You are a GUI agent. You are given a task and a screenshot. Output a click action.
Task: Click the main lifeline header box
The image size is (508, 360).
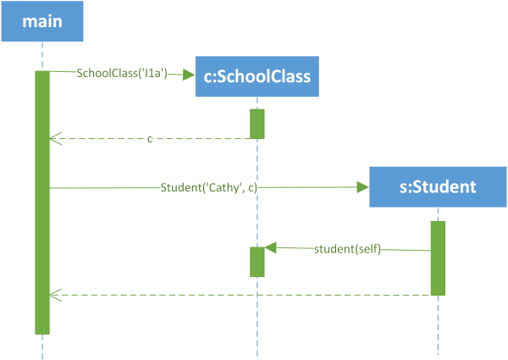coord(42,21)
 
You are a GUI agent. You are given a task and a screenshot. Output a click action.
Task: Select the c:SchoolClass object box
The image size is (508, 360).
coord(257,76)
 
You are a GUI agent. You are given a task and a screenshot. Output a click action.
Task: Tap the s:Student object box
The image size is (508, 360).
coord(438,187)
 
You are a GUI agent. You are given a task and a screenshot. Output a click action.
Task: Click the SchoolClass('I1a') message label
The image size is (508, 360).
coord(122,73)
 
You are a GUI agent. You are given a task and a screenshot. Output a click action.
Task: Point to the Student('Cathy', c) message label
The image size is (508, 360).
coord(208,187)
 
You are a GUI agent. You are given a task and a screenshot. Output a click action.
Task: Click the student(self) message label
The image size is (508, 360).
coord(347,249)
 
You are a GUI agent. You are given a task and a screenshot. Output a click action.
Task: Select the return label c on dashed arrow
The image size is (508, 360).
coord(150,139)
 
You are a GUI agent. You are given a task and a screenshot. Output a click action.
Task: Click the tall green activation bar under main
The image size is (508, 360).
coord(42,202)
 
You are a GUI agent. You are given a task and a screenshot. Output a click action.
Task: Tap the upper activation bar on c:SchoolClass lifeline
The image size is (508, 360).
coord(257,124)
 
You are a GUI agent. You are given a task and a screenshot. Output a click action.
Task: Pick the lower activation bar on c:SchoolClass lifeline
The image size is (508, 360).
coord(257,262)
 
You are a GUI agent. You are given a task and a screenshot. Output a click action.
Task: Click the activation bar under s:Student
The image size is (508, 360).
coord(438,258)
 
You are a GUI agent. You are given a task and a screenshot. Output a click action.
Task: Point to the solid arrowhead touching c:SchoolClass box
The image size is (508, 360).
coord(189,75)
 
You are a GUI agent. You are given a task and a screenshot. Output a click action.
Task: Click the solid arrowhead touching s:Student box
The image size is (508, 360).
coord(362,187)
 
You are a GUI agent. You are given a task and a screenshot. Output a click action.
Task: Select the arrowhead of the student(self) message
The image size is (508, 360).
coord(270,247)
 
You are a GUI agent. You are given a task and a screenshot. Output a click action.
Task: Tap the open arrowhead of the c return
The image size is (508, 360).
coord(55,138)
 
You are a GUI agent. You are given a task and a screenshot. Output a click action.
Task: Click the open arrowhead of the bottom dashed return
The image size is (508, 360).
coord(55,295)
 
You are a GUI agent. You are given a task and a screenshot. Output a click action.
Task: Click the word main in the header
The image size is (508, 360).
coord(42,21)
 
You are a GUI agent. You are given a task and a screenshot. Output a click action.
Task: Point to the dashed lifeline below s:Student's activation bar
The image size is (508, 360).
coord(438,325)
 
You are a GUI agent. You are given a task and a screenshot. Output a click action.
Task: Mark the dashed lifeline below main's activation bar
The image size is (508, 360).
coord(42,346)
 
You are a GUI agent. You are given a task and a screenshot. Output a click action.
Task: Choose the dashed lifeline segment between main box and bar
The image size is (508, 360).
coord(42,56)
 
